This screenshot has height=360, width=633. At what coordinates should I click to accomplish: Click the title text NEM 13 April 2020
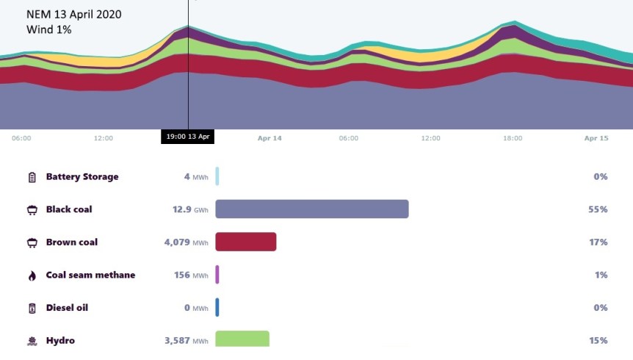point(74,14)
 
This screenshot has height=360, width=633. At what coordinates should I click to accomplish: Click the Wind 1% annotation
point(48,29)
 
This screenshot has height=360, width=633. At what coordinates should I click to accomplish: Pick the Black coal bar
point(311,209)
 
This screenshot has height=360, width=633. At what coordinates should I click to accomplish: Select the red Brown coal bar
point(245,242)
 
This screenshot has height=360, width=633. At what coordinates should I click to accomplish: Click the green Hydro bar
point(242,339)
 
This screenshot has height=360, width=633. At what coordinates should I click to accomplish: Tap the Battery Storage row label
point(82,177)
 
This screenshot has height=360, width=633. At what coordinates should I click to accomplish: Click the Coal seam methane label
point(90,276)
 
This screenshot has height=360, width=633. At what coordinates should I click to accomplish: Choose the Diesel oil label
point(67,308)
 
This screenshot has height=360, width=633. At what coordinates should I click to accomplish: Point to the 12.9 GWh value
point(190,210)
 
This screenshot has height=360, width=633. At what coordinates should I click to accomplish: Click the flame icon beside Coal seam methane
point(32,276)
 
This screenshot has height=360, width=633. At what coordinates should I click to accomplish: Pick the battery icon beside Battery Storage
point(32,177)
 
